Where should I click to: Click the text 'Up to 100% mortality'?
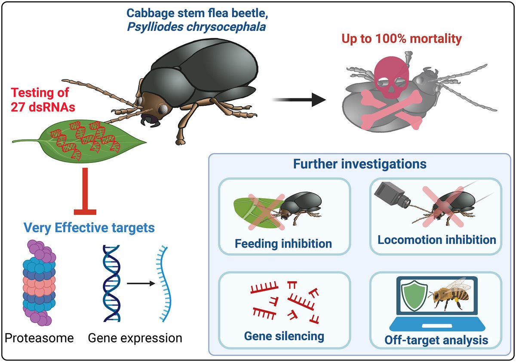click(x=402, y=39)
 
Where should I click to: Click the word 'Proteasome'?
click(x=40, y=337)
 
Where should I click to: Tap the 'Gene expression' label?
click(x=135, y=337)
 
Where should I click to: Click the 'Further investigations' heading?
click(x=360, y=164)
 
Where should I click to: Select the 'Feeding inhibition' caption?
click(x=283, y=243)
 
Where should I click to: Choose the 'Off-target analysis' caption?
click(x=436, y=340)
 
